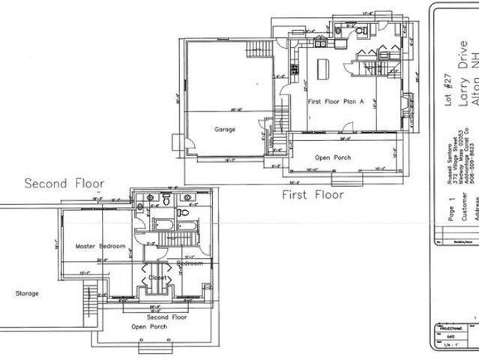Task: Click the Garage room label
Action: click(225, 129)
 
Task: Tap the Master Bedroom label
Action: click(100, 246)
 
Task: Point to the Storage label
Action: click(27, 293)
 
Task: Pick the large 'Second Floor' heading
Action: click(64, 183)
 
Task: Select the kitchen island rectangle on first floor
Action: click(323, 67)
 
